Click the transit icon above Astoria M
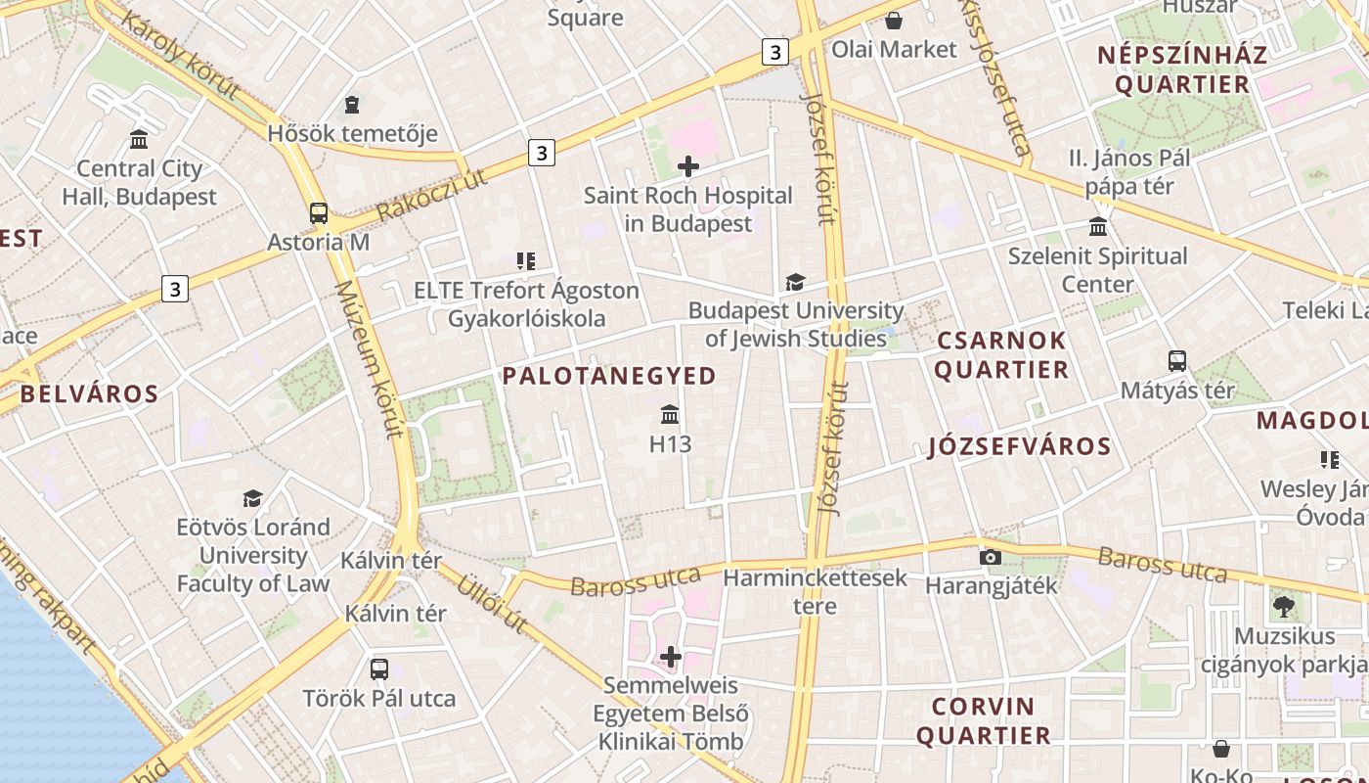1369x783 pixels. [319, 212]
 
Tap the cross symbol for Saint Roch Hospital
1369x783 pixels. [688, 166]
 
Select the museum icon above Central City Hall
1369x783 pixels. [139, 140]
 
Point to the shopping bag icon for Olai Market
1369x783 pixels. [893, 21]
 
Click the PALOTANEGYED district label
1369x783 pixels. [609, 375]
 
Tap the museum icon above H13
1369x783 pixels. [670, 415]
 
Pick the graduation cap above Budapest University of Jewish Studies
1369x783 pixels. [795, 283]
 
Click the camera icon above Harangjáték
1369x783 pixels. [991, 557]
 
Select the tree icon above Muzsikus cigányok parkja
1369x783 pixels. [1284, 607]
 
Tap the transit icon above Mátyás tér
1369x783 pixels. [1177, 360]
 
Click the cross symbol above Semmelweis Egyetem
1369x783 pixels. [670, 656]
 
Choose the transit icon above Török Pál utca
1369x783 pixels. [379, 669]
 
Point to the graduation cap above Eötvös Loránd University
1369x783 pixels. [253, 498]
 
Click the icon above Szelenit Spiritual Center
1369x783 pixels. [1097, 227]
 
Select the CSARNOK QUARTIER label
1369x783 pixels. [1000, 355]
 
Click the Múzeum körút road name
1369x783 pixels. [369, 358]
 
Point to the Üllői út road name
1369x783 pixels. [492, 602]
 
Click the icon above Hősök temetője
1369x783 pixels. [352, 104]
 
